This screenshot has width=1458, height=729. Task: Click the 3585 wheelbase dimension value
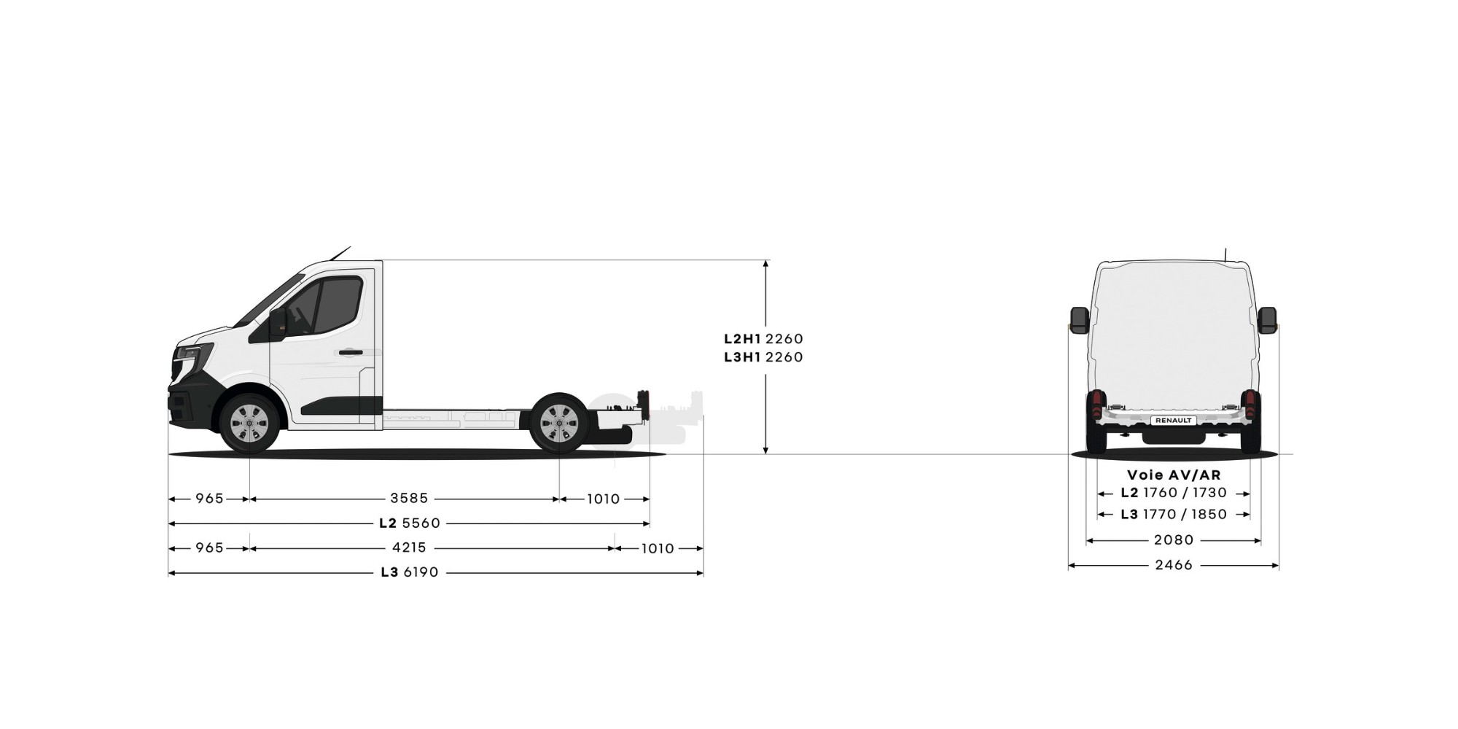[409, 499]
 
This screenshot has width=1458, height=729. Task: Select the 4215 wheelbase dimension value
[409, 547]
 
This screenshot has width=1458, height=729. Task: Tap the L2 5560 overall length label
[410, 523]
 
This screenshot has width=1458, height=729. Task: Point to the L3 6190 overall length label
[410, 572]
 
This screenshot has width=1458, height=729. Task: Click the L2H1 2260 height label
[763, 339]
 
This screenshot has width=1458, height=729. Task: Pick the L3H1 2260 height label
[763, 357]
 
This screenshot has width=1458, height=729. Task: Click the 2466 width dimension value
[1174, 565]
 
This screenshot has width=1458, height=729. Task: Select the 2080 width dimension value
[1174, 540]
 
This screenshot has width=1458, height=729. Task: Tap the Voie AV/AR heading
[1174, 475]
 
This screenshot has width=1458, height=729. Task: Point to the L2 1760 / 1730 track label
[1174, 493]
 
